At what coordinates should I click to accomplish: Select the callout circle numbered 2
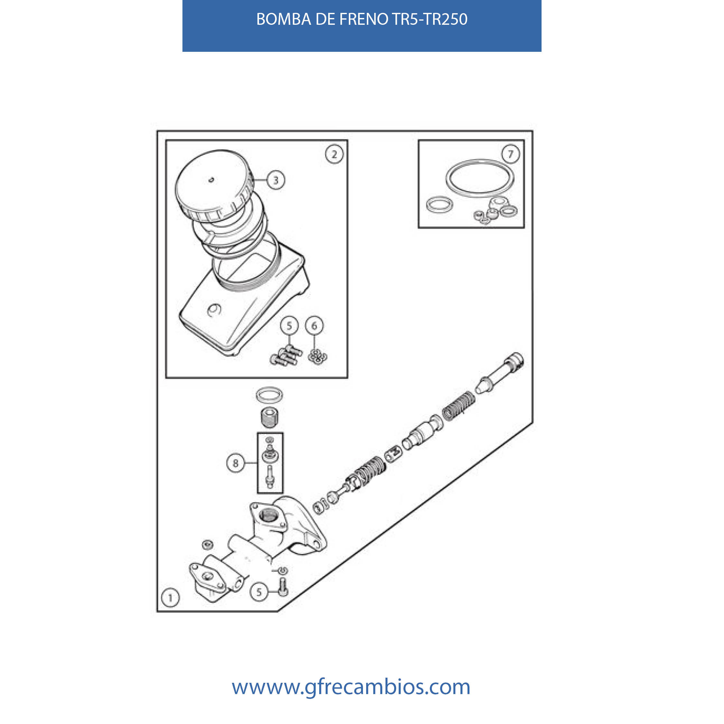[x=334, y=154]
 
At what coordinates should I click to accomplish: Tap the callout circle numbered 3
[x=276, y=180]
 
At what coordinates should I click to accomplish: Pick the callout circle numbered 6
[x=314, y=326]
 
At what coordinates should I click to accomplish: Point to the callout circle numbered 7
[x=510, y=153]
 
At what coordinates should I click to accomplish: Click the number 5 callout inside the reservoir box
[x=289, y=326]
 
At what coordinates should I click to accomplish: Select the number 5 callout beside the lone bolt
[x=259, y=592]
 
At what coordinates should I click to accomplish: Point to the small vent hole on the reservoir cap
[x=211, y=180]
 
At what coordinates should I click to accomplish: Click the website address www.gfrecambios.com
[x=351, y=687]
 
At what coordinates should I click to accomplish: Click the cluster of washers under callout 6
[x=317, y=356]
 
